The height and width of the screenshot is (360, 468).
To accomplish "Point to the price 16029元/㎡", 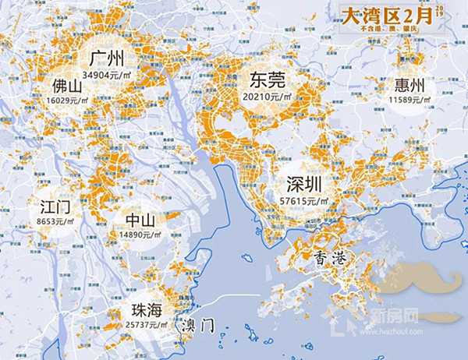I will [67, 99].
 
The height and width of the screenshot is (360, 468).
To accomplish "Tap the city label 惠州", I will [410, 85].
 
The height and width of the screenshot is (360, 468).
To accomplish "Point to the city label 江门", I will [55, 208].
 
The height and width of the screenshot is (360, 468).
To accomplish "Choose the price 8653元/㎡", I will [55, 223].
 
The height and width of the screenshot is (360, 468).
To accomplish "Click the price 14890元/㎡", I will [140, 235].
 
